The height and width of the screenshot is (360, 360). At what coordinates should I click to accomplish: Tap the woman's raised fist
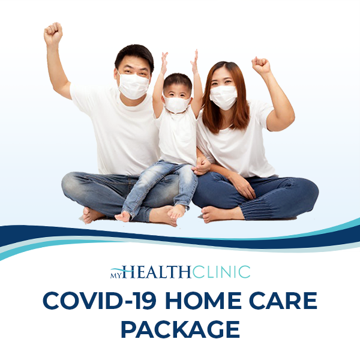(x=261, y=65)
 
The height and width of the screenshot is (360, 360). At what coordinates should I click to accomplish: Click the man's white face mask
(x=133, y=85)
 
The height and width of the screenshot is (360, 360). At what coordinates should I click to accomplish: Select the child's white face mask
(x=176, y=104)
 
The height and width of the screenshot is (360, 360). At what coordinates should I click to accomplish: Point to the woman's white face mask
(x=223, y=97)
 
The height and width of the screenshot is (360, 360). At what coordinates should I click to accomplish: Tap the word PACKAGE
(x=181, y=329)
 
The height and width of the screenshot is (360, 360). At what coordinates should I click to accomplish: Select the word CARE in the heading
(x=283, y=300)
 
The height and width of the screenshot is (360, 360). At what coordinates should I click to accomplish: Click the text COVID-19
(x=98, y=300)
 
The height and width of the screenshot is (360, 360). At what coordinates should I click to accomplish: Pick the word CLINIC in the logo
(x=221, y=272)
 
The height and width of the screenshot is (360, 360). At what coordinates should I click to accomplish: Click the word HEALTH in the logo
(x=157, y=272)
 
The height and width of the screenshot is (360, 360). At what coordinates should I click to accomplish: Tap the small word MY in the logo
(x=115, y=275)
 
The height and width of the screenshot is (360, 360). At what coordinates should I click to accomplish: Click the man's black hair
(x=135, y=55)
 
